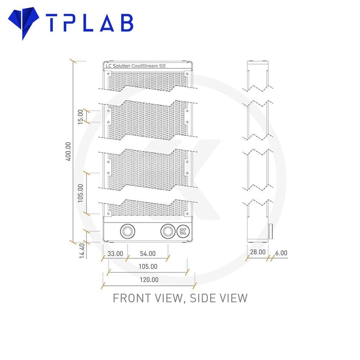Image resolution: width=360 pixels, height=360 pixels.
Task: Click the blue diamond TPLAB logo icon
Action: [x=23, y=22]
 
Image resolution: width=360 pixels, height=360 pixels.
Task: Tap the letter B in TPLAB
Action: [x=127, y=23]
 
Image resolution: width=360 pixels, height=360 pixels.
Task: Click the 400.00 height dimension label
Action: [x=68, y=152]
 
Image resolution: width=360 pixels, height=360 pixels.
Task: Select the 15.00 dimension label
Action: [x=80, y=117]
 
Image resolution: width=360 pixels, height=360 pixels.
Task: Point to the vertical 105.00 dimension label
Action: [x=80, y=193]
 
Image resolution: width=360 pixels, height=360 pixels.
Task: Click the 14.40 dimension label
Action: [x=82, y=251]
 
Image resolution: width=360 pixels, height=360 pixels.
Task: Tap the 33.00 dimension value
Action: [x=115, y=254]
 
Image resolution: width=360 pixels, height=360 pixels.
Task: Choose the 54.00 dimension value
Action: [x=148, y=254]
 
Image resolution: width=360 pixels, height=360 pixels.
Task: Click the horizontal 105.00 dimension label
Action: [x=148, y=266]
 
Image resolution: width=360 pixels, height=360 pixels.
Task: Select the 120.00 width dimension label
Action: [x=149, y=280]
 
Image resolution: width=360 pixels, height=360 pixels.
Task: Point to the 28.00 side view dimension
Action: [x=258, y=252]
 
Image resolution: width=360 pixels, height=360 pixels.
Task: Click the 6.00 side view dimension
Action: [x=281, y=253]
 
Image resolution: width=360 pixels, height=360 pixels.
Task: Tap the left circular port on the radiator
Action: [x=127, y=231]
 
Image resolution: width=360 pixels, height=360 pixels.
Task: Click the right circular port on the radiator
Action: [x=168, y=231]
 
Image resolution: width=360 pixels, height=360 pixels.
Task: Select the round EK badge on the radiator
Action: [x=183, y=231]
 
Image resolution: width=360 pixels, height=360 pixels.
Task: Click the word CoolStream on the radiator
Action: [x=145, y=66]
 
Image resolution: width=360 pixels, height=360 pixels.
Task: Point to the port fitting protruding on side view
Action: [x=270, y=231]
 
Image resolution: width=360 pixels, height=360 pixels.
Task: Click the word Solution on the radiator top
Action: [x=121, y=66]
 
